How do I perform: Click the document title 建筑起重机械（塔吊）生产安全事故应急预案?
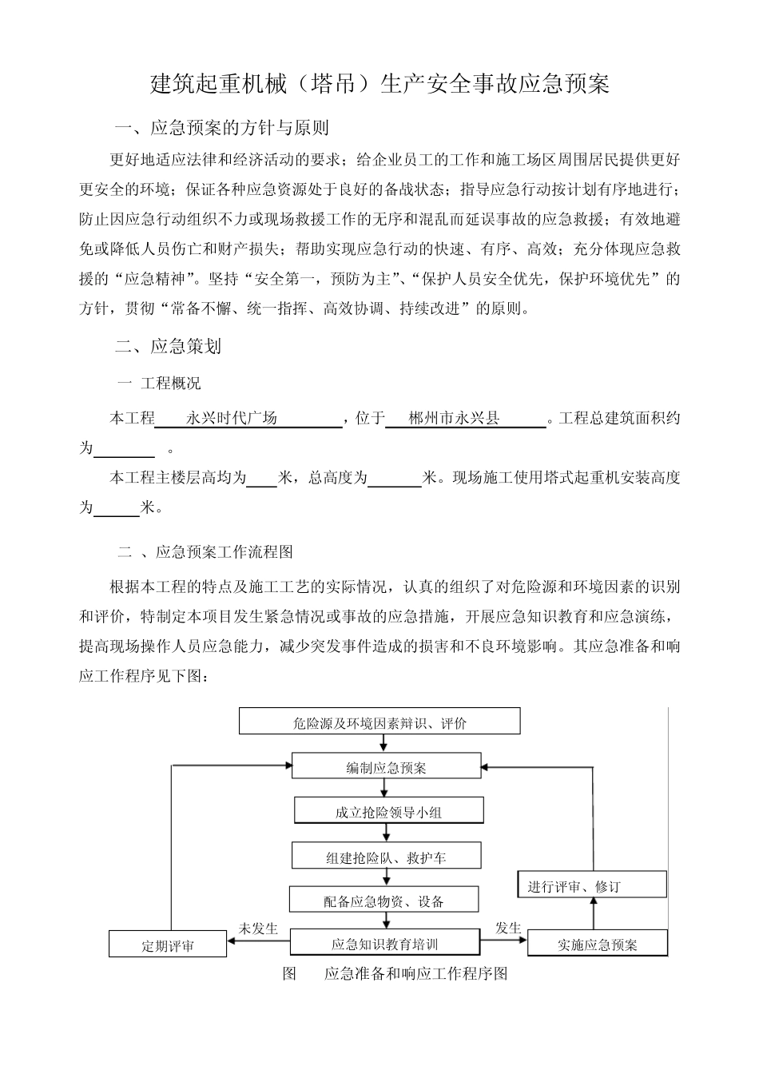(x=379, y=84)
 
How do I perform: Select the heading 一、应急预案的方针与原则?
(x=222, y=128)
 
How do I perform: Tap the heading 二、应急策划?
(x=168, y=346)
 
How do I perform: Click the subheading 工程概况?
(x=170, y=384)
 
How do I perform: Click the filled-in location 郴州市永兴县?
(x=453, y=418)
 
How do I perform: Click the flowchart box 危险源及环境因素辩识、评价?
(x=379, y=723)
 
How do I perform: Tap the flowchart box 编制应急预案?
(x=386, y=768)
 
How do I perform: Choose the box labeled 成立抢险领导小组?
(x=388, y=812)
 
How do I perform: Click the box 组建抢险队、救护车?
(x=386, y=857)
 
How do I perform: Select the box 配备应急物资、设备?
(x=384, y=901)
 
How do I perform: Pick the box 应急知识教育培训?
(x=384, y=944)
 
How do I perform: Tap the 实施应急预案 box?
(x=597, y=945)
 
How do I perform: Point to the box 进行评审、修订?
(x=592, y=885)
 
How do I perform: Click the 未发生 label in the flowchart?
(x=258, y=928)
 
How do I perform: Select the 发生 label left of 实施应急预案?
(x=508, y=928)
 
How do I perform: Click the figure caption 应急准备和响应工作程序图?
(x=415, y=973)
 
